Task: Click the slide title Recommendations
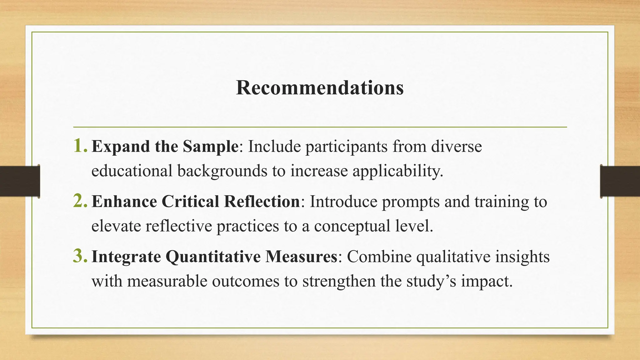(320, 88)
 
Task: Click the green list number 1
(80, 146)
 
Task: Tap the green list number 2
(80, 201)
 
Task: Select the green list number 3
(80, 256)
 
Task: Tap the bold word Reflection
(262, 202)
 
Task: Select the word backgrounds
(222, 171)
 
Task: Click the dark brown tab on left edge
(20, 181)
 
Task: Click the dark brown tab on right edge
(620, 181)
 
